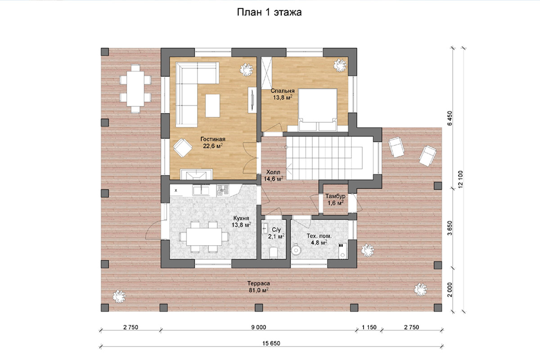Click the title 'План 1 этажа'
click(x=269, y=12)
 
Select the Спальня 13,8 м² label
click(x=283, y=94)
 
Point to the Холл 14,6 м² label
click(x=273, y=175)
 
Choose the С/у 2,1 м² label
click(x=276, y=233)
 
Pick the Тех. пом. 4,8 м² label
click(x=319, y=239)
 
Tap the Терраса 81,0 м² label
click(x=259, y=287)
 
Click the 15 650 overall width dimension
click(x=271, y=343)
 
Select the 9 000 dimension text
click(x=259, y=327)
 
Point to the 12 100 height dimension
click(x=461, y=179)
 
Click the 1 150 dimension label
click(x=369, y=327)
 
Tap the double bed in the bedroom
click(x=318, y=110)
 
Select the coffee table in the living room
click(x=212, y=106)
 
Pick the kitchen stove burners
click(x=222, y=190)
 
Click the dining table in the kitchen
click(x=204, y=237)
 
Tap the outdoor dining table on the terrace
click(x=135, y=89)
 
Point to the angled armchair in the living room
click(x=183, y=148)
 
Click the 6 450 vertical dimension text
click(x=450, y=118)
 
